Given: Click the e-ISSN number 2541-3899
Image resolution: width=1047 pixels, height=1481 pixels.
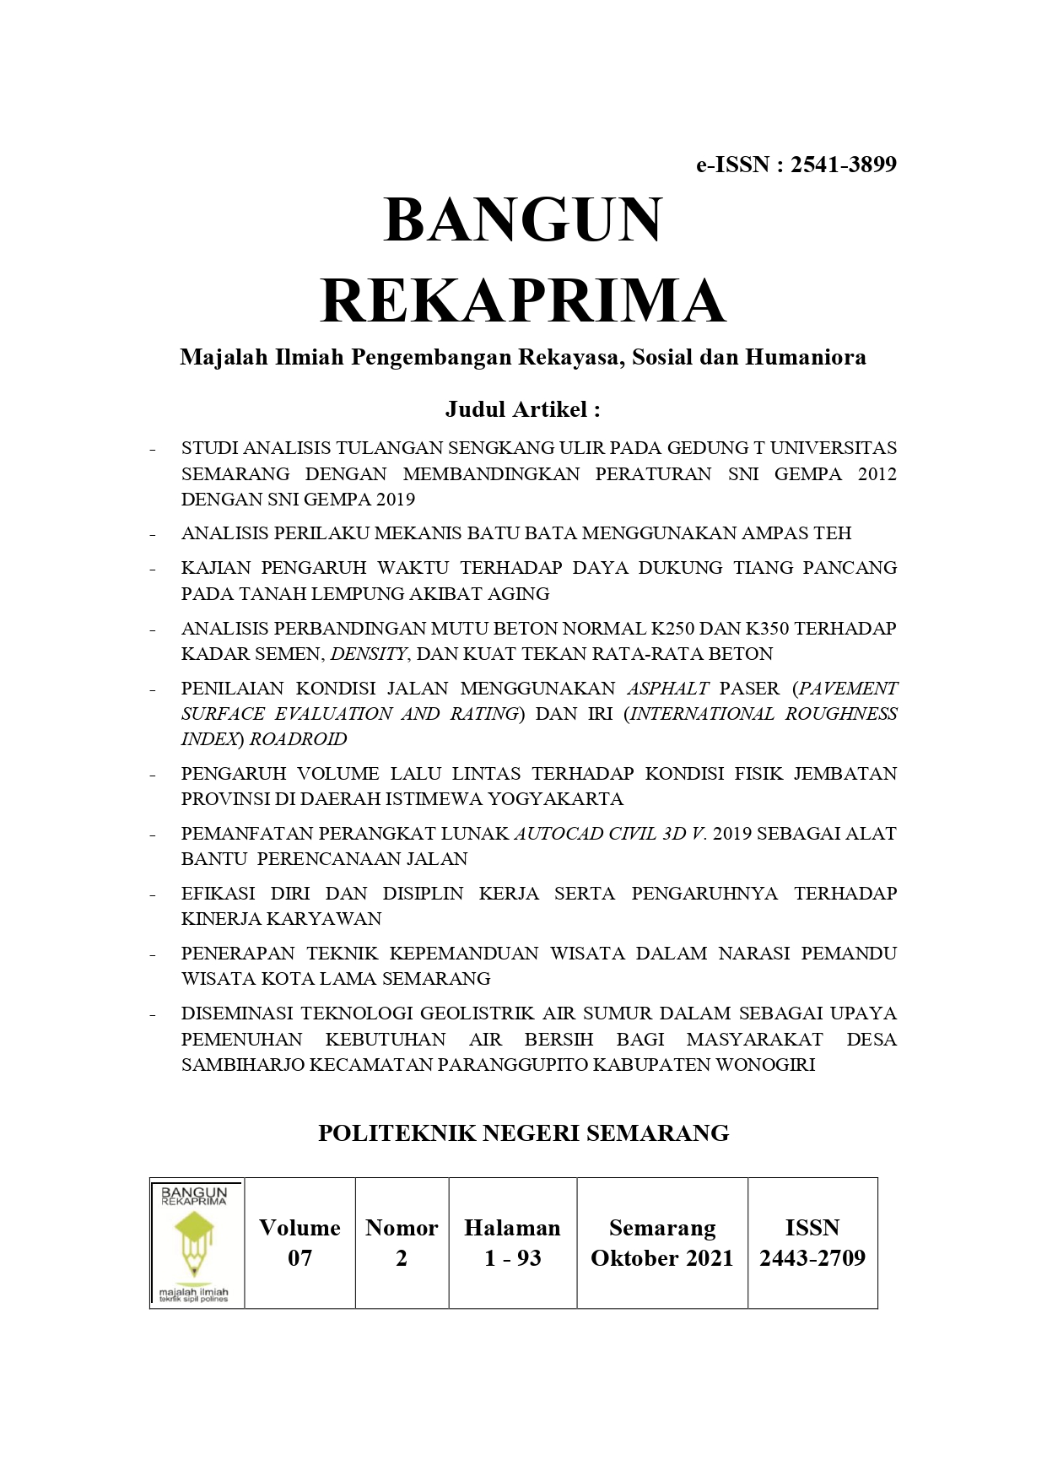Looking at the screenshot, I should click(843, 165).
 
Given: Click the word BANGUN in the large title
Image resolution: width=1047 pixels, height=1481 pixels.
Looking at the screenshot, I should click(523, 220).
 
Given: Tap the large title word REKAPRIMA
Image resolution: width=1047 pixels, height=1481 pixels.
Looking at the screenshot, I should click(523, 301).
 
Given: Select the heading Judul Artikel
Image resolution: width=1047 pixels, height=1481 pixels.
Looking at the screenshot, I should click(522, 409).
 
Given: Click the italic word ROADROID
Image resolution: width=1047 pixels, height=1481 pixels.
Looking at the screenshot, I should click(298, 739).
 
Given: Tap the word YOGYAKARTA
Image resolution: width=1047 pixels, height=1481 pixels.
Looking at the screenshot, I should click(556, 799).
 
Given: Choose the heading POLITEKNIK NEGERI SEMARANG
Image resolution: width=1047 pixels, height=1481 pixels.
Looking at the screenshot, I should click(523, 1133).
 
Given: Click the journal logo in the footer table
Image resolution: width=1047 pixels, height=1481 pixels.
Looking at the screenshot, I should click(195, 1243).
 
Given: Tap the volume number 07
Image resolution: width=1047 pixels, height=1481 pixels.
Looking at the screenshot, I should click(300, 1258).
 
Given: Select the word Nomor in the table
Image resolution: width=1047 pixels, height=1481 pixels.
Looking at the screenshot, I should click(402, 1228).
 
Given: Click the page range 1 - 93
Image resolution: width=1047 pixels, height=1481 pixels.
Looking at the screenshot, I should click(512, 1258).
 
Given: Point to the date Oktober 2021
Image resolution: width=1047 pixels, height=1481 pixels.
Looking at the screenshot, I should click(661, 1258).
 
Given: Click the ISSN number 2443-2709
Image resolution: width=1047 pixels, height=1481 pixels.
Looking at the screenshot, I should click(812, 1258).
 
